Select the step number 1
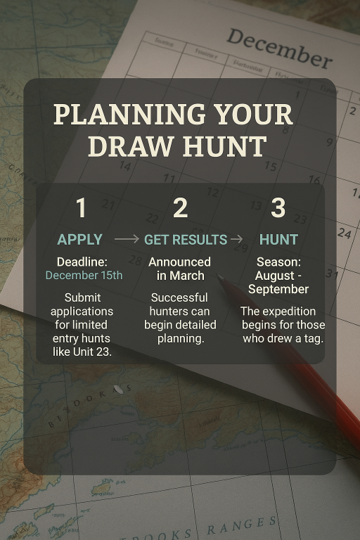[x=81, y=208]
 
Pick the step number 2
[x=180, y=208]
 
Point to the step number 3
[x=278, y=208]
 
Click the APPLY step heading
[x=80, y=240]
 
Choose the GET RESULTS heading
[x=186, y=240]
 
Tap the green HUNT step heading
[x=278, y=240]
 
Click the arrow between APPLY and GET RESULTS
[x=127, y=240]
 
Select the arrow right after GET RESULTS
[x=238, y=240]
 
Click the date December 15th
[x=84, y=275]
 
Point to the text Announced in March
[x=180, y=269]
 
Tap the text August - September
[x=278, y=282]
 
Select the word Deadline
[x=82, y=262]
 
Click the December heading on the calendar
[x=278, y=48]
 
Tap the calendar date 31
[x=332, y=274]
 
